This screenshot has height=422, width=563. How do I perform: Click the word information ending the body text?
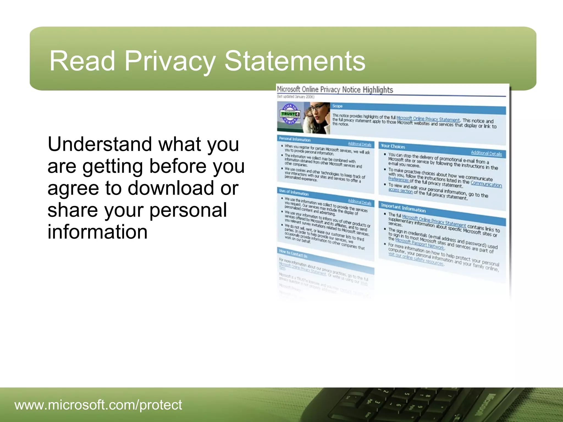pos(97,232)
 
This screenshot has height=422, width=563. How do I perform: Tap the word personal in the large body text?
pos(188,210)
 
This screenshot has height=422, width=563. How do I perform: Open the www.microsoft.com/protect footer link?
pos(98,405)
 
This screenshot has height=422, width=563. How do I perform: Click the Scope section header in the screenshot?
pos(337,106)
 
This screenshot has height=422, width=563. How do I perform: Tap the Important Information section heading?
pos(403,208)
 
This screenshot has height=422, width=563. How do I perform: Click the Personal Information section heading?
pos(295,139)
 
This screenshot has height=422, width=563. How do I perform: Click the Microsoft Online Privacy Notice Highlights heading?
pos(335,90)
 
